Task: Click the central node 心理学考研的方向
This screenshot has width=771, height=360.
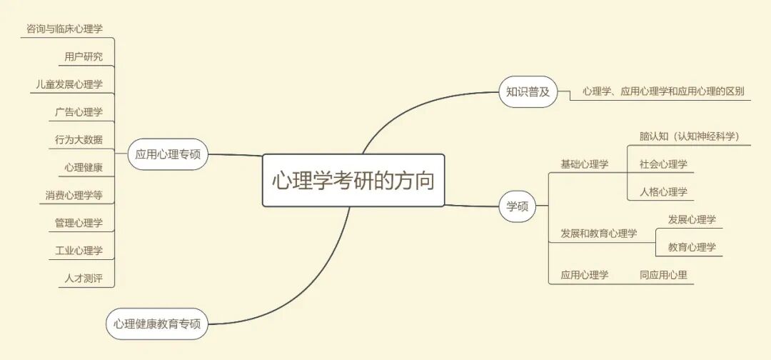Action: pyautogui.click(x=353, y=180)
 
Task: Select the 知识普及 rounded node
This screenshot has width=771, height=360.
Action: pyautogui.click(x=528, y=91)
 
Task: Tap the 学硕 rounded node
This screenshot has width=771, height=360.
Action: pyautogui.click(x=518, y=206)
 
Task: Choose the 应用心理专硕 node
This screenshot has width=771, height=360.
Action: pyautogui.click(x=168, y=154)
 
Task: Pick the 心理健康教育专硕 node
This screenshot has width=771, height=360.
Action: pyautogui.click(x=157, y=324)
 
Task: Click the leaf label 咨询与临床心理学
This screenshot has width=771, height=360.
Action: pyautogui.click(x=64, y=29)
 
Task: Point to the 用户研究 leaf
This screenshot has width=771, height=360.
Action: pyautogui.click(x=84, y=56)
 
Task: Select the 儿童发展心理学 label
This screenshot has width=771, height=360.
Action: pyautogui.click(x=69, y=84)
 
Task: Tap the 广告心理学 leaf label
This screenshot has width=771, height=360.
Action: pyautogui.click(x=79, y=112)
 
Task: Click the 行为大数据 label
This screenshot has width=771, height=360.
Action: pyautogui.click(x=79, y=139)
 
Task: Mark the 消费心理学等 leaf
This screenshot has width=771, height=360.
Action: pyautogui.click(x=74, y=195)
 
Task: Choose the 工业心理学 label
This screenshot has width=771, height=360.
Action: pyautogui.click(x=79, y=251)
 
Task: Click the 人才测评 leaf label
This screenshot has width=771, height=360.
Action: pyautogui.click(x=84, y=278)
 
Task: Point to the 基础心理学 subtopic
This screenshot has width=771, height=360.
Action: pyautogui.click(x=584, y=164)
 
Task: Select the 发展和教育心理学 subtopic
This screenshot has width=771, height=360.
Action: pyautogui.click(x=598, y=234)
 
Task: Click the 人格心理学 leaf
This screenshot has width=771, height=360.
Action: pyautogui.click(x=663, y=191)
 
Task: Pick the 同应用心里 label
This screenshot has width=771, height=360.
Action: pyautogui.click(x=663, y=274)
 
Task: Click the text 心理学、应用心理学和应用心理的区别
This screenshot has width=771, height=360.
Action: pyautogui.click(x=662, y=91)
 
